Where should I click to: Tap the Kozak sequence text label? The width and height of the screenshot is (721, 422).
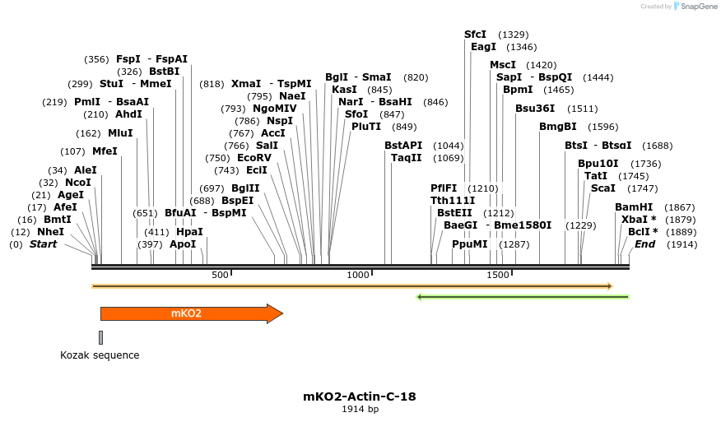pyautogui.click(x=100, y=355)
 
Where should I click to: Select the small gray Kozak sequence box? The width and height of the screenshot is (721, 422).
pyautogui.click(x=100, y=337)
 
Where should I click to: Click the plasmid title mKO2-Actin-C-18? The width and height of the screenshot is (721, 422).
pyautogui.click(x=360, y=396)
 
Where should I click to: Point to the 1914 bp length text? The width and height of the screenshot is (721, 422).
pyautogui.click(x=360, y=409)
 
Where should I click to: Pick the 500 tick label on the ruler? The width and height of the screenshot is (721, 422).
pyautogui.click(x=220, y=275)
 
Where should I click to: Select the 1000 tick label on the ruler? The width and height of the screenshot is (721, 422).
pyautogui.click(x=358, y=275)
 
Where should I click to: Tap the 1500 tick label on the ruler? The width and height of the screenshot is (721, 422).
pyautogui.click(x=498, y=275)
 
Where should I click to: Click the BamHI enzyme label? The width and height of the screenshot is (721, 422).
pyautogui.click(x=634, y=207)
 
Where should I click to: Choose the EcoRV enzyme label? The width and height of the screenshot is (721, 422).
pyautogui.click(x=254, y=157)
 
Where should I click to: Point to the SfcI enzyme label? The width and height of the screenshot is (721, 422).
pyautogui.click(x=476, y=35)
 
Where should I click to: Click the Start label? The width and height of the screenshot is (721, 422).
pyautogui.click(x=44, y=244)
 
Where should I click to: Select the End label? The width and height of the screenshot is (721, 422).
pyautogui.click(x=644, y=244)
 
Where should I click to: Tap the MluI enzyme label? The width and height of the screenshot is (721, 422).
pyautogui.click(x=120, y=133)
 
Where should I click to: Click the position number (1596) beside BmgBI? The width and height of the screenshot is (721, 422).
pyautogui.click(x=603, y=127)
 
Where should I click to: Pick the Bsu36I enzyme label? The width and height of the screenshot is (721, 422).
pyautogui.click(x=535, y=108)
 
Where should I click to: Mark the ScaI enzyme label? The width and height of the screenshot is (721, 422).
pyautogui.click(x=603, y=188)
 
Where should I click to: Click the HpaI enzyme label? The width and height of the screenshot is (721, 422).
pyautogui.click(x=189, y=232)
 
